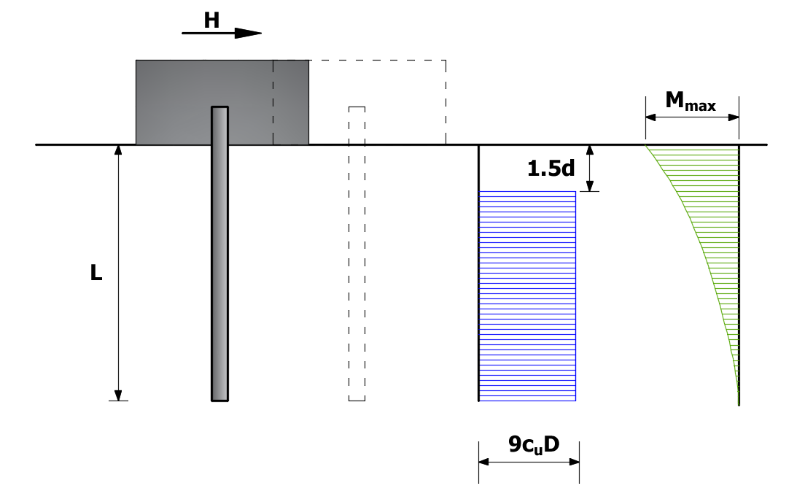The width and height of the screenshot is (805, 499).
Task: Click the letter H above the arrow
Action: point(211,20)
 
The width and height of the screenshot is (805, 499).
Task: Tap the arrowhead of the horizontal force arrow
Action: point(249,34)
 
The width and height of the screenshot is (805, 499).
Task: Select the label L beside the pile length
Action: point(96,272)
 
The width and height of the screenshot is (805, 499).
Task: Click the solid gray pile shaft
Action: point(219,253)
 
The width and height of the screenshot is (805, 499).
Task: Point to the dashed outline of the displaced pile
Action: point(349,253)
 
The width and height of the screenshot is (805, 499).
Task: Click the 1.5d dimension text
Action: point(551,169)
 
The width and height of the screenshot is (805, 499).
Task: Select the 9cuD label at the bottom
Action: point(534,444)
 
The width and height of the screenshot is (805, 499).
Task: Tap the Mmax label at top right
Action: point(691,101)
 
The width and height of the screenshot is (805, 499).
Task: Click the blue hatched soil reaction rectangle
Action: point(527,296)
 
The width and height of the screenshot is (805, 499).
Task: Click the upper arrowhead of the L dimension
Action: point(118,150)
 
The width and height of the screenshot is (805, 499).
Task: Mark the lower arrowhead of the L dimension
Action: point(118,395)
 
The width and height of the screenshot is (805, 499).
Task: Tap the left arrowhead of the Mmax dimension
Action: point(651,117)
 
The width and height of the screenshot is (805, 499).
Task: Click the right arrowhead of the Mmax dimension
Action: point(734,117)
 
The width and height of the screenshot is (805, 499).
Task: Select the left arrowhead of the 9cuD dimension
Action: point(484,462)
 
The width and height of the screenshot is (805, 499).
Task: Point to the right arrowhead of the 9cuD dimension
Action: point(574,462)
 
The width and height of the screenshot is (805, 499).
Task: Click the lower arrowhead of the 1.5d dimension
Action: point(590,186)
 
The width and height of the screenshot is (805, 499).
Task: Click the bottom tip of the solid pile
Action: point(219,401)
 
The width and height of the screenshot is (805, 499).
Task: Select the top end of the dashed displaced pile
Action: point(357,107)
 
